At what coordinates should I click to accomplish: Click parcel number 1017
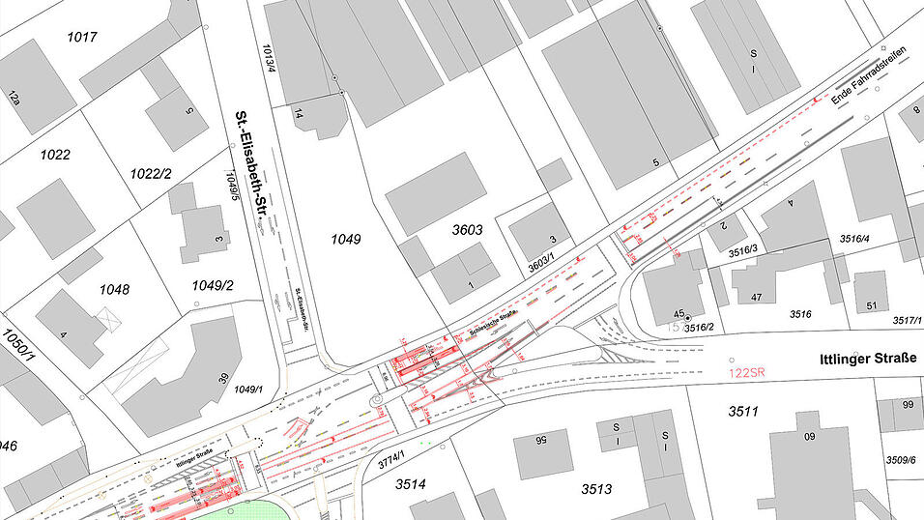[x=82, y=38]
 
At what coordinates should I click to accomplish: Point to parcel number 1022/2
[x=151, y=173]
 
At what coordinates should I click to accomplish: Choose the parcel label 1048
[x=114, y=289]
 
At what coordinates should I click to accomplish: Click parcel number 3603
[x=469, y=230]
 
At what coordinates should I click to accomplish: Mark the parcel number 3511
[x=743, y=412]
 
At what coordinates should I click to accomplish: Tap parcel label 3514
[x=410, y=483]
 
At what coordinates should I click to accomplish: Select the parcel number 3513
[x=597, y=489]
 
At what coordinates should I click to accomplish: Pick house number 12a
[x=14, y=97]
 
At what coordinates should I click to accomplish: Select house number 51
[x=871, y=306]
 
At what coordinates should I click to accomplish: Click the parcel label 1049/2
[x=213, y=285]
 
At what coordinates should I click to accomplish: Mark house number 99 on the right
[x=907, y=404]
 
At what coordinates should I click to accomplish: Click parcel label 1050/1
[x=16, y=345]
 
